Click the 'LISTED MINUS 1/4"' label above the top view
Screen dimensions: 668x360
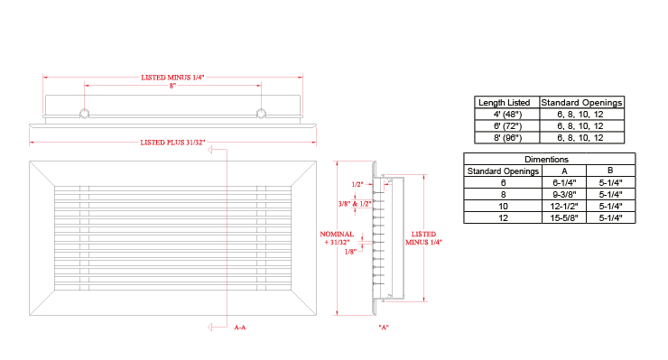tap(172, 78)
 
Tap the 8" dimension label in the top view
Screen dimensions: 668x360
tap(172, 86)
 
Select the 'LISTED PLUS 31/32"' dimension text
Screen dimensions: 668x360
tap(172, 143)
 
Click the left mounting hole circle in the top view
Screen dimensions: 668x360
tap(84, 114)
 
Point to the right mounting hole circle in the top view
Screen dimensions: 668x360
tap(261, 114)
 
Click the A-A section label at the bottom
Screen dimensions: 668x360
tap(240, 328)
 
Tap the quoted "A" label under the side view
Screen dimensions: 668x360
tap(384, 328)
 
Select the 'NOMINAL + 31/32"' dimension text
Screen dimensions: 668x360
tap(337, 238)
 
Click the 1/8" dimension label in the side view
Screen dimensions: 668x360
tap(350, 252)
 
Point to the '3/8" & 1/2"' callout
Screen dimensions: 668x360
tap(355, 204)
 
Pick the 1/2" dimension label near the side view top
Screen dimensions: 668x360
tap(357, 184)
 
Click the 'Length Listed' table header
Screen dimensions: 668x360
tap(504, 103)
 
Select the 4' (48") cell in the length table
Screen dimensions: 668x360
tap(507, 115)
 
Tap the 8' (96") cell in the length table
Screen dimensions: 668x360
tap(507, 138)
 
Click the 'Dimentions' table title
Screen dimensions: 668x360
tap(546, 160)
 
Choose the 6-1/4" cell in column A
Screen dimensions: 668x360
tap(564, 183)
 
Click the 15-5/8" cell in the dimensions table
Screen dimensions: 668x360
tap(564, 218)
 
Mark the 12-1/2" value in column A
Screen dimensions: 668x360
tap(564, 207)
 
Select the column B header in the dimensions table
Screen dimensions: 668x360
tap(610, 171)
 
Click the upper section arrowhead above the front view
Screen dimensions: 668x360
tap(209, 150)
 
